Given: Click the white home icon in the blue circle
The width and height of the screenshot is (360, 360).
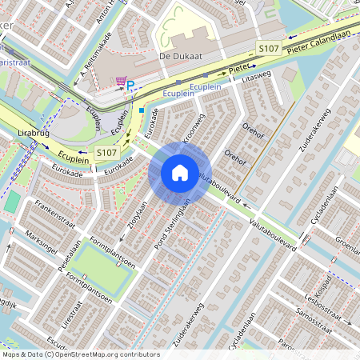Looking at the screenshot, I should tap(180, 172).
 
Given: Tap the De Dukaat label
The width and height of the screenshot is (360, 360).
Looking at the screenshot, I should tap(178, 57).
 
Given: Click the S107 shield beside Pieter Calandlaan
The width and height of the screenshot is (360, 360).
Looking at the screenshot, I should tap(268, 50).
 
